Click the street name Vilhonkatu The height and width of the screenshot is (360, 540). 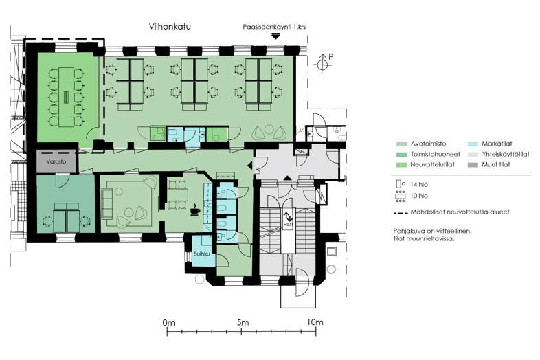170,27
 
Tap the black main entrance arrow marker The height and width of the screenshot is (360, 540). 275,36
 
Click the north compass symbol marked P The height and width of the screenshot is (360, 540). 322,64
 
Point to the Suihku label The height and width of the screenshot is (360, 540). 201,254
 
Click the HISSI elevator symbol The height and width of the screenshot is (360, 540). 288,219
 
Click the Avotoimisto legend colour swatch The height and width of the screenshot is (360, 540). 401,144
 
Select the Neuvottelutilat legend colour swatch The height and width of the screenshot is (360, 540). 401,165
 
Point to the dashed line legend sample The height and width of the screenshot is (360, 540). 401,213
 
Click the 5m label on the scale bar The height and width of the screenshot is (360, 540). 241,322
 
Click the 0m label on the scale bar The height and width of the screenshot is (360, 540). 169,322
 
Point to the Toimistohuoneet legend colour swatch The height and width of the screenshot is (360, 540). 401,155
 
